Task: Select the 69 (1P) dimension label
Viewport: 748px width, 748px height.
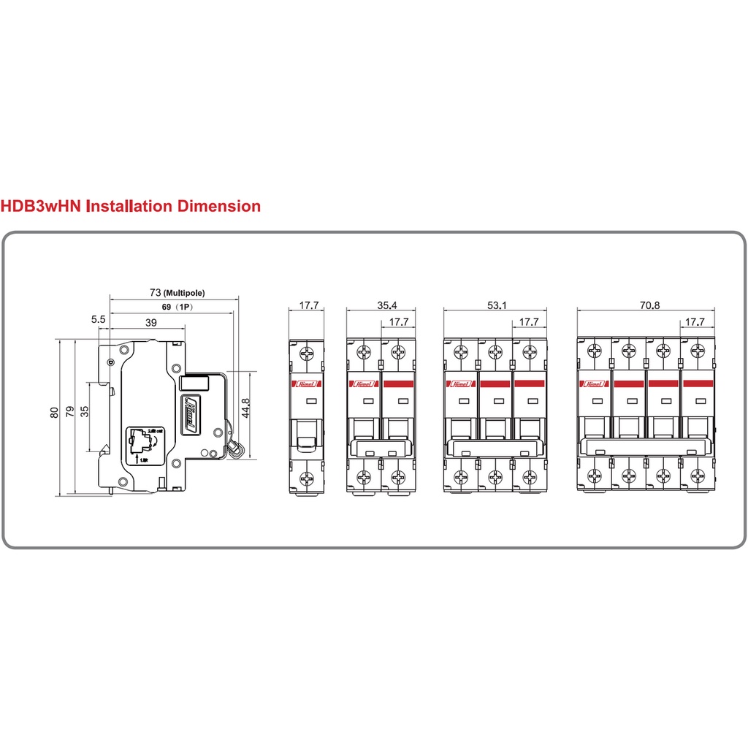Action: tap(175, 308)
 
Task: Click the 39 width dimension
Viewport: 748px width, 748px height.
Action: tap(151, 322)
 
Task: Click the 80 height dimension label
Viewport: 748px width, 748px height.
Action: tap(54, 413)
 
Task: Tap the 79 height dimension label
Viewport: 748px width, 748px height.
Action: tap(69, 413)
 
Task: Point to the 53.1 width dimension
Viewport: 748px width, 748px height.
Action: tap(495, 305)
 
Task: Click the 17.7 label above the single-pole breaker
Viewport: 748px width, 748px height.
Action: tap(309, 305)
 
